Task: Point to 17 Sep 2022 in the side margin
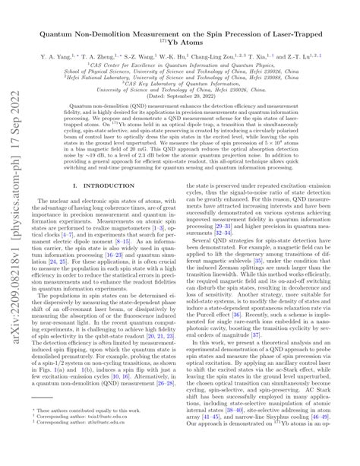click(x=14, y=156)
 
